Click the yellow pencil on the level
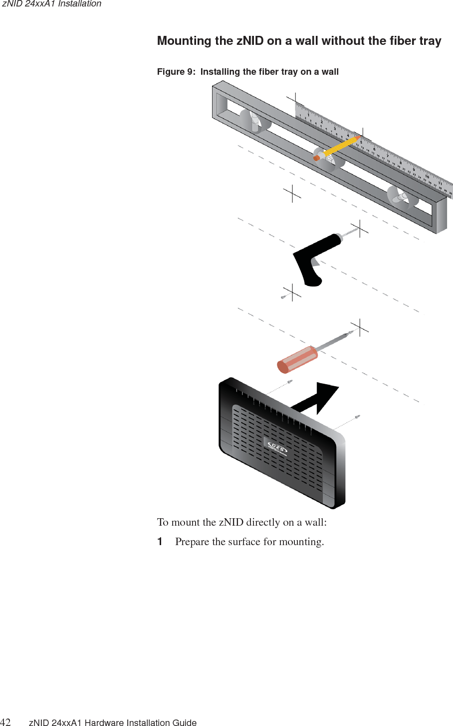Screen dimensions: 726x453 point(342,145)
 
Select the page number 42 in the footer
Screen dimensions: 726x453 point(5,723)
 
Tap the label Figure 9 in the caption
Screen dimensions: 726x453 point(176,72)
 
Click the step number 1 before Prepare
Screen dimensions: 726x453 point(160,542)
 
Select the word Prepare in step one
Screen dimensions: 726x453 point(192,542)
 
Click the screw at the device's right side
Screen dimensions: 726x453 point(357,416)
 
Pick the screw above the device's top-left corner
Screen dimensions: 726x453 point(289,382)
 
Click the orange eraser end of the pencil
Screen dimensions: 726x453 point(316,158)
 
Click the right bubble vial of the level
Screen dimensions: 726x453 point(403,198)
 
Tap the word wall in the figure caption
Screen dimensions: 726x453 point(330,72)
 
